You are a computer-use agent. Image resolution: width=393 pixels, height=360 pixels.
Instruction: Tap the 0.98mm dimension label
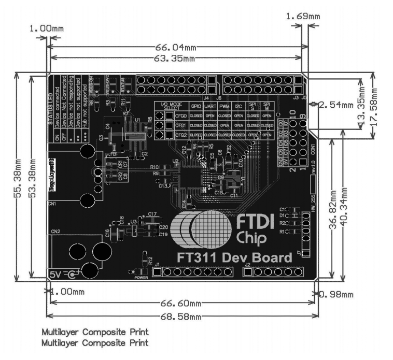click(x=336, y=294)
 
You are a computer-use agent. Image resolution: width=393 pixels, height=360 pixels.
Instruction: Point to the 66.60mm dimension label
click(x=181, y=303)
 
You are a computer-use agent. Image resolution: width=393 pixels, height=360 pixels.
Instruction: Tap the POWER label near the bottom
click(x=142, y=277)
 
